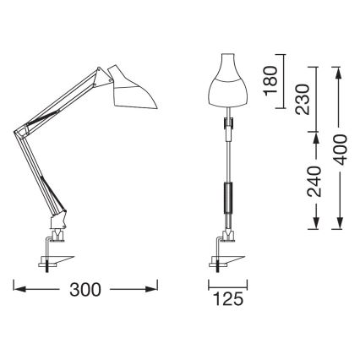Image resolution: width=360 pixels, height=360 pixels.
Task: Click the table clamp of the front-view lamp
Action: (226, 254)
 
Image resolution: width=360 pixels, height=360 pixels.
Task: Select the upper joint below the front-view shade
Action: (226, 125)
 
